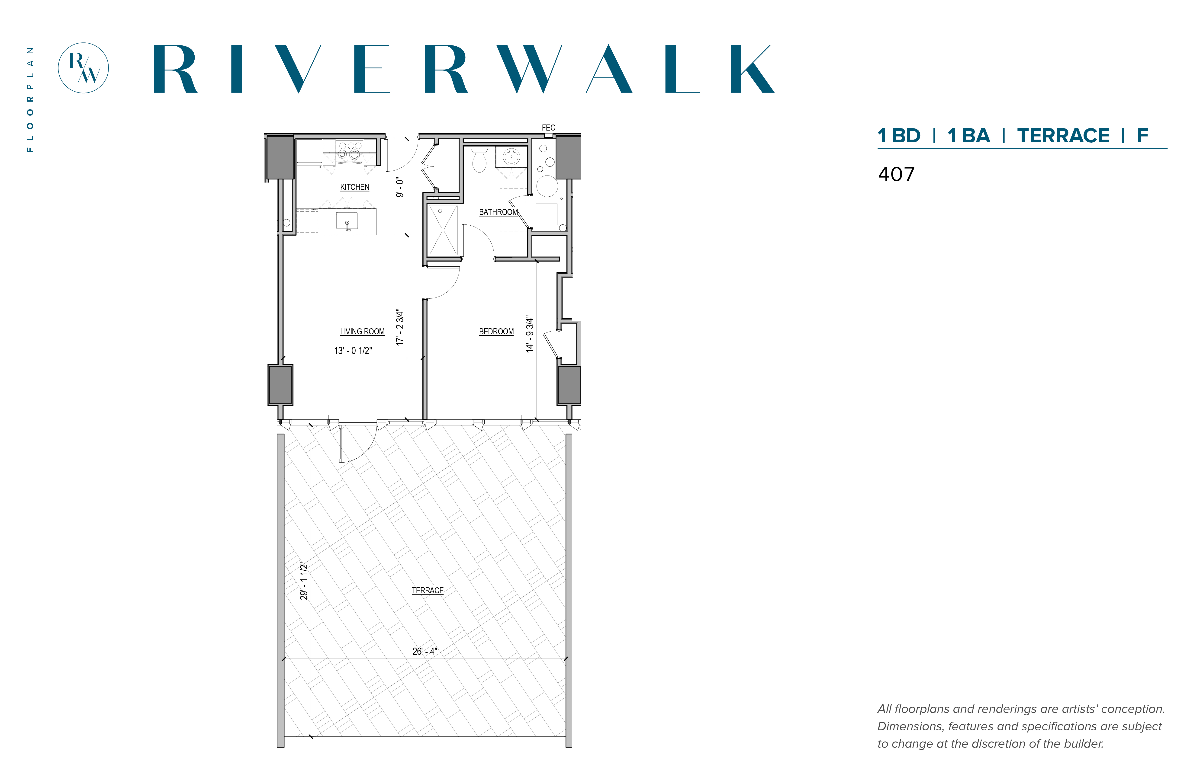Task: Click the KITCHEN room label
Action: [355, 187]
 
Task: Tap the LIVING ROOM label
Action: [362, 332]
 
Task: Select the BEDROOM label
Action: [496, 332]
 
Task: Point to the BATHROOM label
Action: [498, 212]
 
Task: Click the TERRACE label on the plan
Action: [428, 591]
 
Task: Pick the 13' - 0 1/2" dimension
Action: [353, 351]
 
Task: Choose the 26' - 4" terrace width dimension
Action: [425, 652]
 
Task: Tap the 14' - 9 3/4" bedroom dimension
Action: [530, 334]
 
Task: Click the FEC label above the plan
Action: [548, 128]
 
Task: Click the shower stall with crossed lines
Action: [443, 230]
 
